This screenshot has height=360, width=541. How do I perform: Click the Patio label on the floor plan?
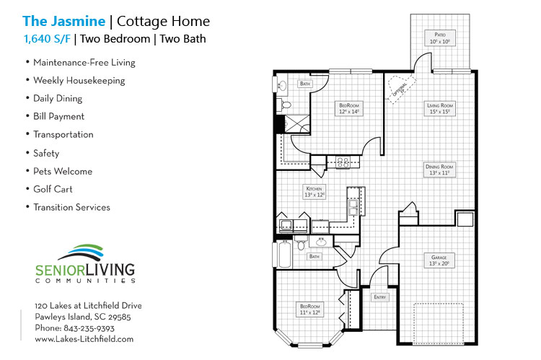pos(440,38)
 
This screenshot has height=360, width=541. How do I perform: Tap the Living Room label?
pos(440,108)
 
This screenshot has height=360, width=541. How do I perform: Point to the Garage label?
pos(440,260)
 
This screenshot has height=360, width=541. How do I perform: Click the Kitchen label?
pos(315,191)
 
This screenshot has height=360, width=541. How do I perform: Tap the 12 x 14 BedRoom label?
pos(349,108)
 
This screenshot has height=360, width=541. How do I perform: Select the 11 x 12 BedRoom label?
pos(310,309)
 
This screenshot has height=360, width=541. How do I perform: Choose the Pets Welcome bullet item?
pos(62,171)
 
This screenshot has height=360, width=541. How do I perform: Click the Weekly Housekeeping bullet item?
pos(79,80)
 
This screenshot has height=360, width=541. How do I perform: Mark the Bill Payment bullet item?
pos(58,116)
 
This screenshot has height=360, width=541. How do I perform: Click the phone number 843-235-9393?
pos(94,328)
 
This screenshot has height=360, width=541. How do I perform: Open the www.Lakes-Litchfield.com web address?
pos(84,338)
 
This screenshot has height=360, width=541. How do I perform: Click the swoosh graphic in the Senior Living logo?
pos(86,253)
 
